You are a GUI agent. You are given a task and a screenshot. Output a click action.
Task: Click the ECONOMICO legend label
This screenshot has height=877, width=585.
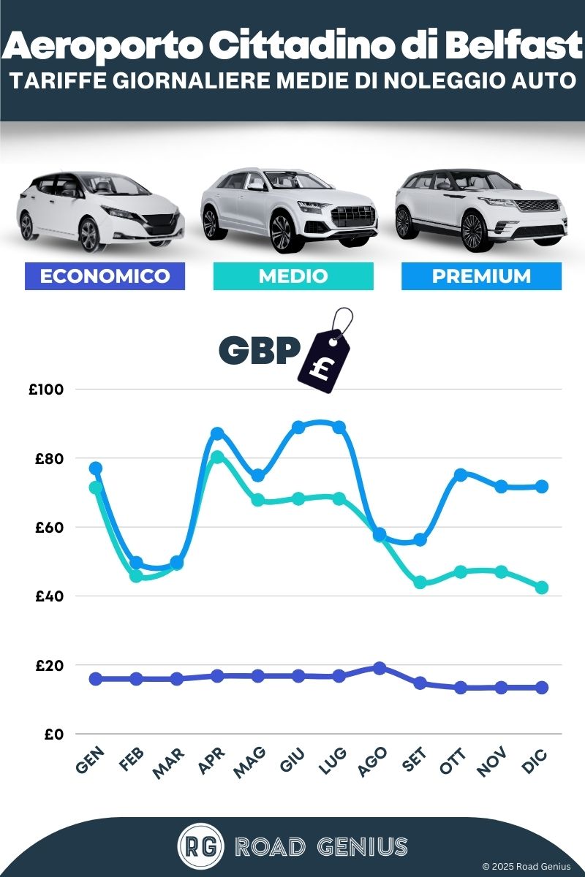[x=105, y=276]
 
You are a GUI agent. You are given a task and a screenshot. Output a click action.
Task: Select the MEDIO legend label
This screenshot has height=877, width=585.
[x=293, y=276]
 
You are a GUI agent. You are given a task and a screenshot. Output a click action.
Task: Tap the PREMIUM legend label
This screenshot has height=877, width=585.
[x=481, y=276]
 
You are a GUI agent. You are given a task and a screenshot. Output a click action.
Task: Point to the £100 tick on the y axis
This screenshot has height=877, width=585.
[x=47, y=390]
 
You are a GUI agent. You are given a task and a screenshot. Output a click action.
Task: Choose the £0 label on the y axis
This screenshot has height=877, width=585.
[x=51, y=734]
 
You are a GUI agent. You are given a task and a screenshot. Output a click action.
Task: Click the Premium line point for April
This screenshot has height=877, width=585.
[x=217, y=434]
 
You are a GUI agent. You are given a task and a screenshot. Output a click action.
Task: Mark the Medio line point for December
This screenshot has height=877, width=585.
[x=542, y=588]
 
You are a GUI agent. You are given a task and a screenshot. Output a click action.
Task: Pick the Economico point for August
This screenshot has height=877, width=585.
[x=380, y=668]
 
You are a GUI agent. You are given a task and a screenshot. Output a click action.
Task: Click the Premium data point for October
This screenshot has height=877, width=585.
[x=461, y=475]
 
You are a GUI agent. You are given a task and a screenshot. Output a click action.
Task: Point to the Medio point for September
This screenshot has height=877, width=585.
[x=420, y=582]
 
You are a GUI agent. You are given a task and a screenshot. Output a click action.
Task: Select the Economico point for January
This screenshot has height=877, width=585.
[x=96, y=679]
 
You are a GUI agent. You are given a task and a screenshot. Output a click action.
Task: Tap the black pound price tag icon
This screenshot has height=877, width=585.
[x=325, y=360]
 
